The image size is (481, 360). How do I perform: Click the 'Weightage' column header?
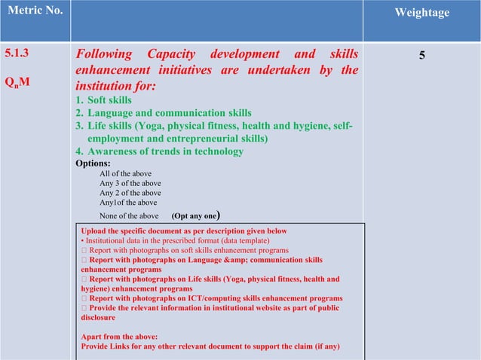click(x=421, y=13)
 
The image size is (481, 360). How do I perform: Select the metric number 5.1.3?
click(x=18, y=55)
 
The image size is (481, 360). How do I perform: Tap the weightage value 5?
click(x=421, y=56)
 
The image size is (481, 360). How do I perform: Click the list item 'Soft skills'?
click(x=109, y=100)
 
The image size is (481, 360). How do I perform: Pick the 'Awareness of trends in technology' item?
click(x=165, y=151)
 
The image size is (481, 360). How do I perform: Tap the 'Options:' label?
click(x=93, y=163)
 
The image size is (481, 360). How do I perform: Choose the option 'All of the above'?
click(x=126, y=173)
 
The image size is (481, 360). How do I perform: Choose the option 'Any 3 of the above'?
click(x=130, y=183)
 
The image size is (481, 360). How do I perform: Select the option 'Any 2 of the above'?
click(x=130, y=193)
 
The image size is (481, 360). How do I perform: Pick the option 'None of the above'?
click(x=129, y=215)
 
